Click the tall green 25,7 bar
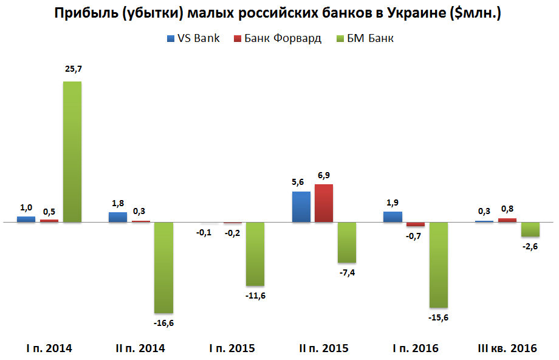72,152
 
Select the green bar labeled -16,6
163,268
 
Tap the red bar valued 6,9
324,203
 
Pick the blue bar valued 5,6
301,207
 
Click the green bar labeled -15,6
439,265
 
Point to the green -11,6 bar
255,254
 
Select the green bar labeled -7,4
347,242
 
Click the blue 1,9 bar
393,216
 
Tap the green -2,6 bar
530,229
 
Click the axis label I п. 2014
49,348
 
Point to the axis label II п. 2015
324,348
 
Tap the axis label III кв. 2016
508,348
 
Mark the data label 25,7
73,70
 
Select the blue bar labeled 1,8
118,217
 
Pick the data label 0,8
507,209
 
